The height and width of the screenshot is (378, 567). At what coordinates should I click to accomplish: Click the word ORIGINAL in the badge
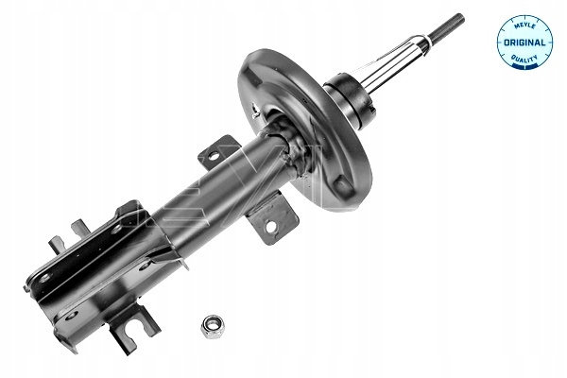pyautogui.click(x=524, y=43)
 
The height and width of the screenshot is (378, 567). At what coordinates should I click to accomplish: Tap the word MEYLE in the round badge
pyautogui.click(x=524, y=26)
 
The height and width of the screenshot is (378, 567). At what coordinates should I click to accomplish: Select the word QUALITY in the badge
pyautogui.click(x=524, y=59)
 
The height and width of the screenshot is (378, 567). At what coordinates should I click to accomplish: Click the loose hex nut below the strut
pyautogui.click(x=213, y=326)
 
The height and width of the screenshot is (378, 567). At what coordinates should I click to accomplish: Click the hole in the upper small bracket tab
pyautogui.click(x=214, y=156)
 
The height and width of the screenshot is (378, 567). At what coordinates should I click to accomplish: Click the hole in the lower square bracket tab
pyautogui.click(x=270, y=227)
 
